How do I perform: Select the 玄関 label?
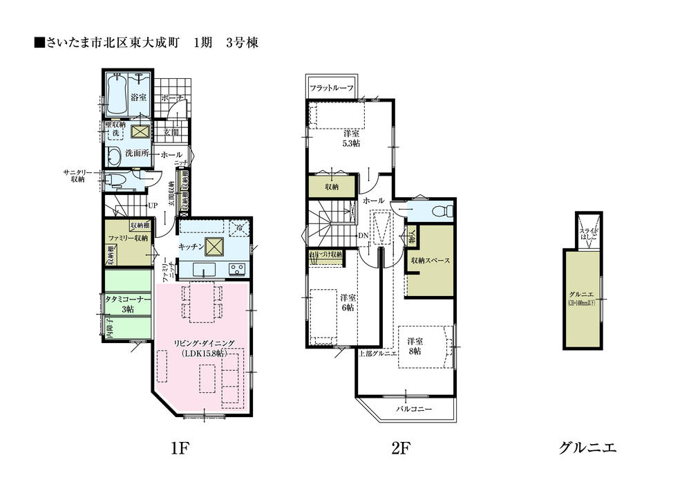[x=171, y=131]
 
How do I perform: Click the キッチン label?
[x=190, y=246]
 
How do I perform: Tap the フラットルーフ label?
[x=332, y=89]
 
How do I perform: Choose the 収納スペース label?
[x=430, y=261]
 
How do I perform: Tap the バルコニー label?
[x=413, y=409]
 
